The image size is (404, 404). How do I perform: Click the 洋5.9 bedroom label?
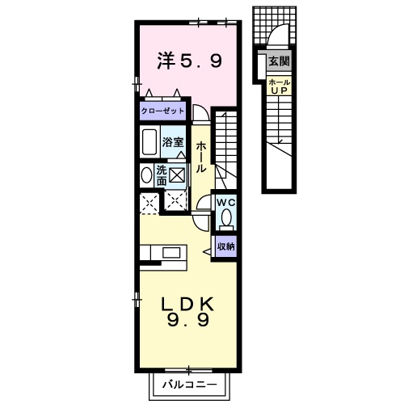click(x=190, y=61)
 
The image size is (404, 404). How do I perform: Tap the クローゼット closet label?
click(x=162, y=111)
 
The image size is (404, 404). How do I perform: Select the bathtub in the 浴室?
click(x=149, y=142)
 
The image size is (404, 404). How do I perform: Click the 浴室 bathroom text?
click(x=173, y=142)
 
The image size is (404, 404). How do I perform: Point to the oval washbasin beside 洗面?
click(x=146, y=175)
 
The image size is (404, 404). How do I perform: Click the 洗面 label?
click(x=162, y=175)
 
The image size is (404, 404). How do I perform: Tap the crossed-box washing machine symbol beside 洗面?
click(x=177, y=175)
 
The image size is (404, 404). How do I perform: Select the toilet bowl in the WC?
click(x=225, y=217)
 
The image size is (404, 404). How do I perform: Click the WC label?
click(x=226, y=203)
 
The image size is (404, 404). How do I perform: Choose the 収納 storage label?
click(x=226, y=246)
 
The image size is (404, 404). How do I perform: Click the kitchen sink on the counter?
click(x=171, y=253)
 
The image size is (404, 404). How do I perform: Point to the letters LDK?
click(x=187, y=304)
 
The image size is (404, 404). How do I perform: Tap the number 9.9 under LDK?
click(x=188, y=321)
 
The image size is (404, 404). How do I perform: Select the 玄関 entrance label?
click(x=279, y=61)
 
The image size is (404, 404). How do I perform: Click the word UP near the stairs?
click(x=280, y=90)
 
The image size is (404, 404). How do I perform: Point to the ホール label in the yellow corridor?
click(x=201, y=158)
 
